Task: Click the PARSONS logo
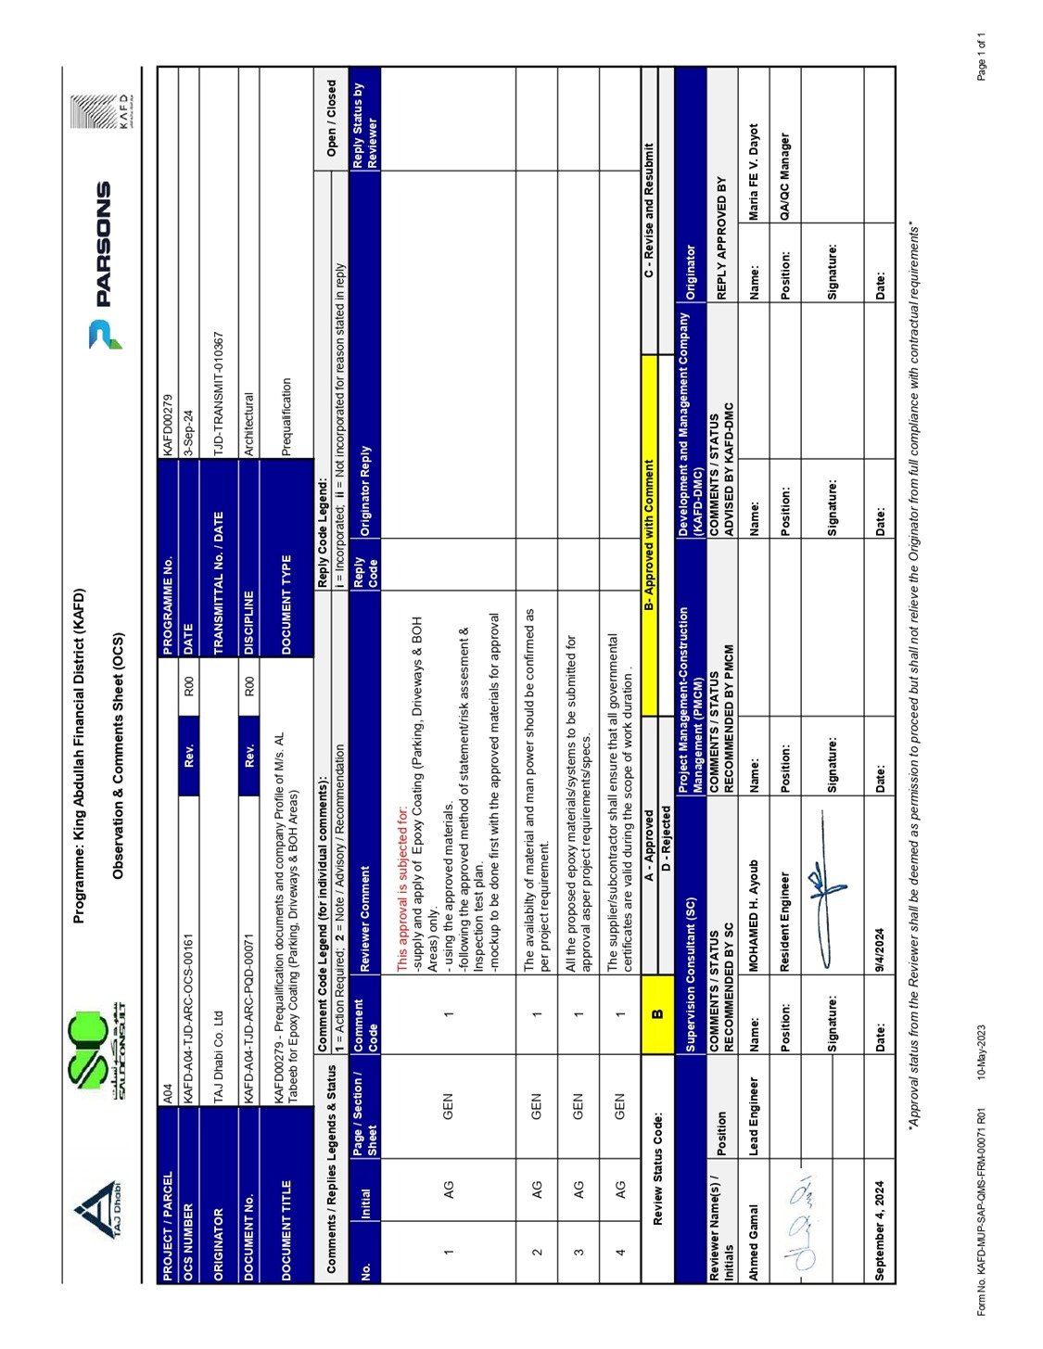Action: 99,264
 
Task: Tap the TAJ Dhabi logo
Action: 99,1205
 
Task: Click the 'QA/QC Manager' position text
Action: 784,175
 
